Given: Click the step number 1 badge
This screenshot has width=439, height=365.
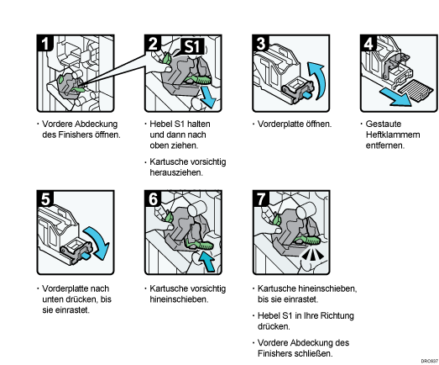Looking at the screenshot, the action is [44, 43].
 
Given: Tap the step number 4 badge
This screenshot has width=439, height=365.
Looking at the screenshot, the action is [368, 43].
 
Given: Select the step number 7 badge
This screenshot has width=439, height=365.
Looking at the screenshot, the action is [261, 198].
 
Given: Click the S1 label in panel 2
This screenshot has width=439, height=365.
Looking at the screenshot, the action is [192, 46].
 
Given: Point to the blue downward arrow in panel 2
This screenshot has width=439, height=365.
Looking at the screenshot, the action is [208, 97].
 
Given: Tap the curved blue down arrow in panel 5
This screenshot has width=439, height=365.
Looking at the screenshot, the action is [98, 241].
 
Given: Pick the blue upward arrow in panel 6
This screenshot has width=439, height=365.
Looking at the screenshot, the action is [207, 261].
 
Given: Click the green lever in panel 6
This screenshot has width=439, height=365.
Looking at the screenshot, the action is [200, 245].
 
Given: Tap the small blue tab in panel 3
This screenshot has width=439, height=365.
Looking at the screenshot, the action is [307, 95].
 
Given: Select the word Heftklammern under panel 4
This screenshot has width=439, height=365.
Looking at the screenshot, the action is [393, 135].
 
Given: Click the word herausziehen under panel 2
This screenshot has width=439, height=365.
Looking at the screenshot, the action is [176, 172].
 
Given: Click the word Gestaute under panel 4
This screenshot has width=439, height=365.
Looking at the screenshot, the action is [384, 124].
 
